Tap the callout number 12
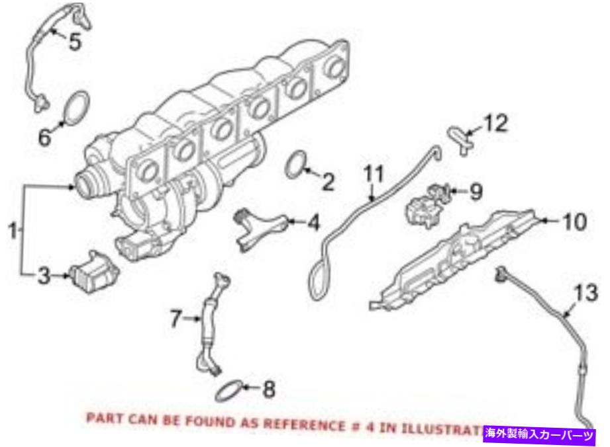pyautogui.click(x=497, y=123)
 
